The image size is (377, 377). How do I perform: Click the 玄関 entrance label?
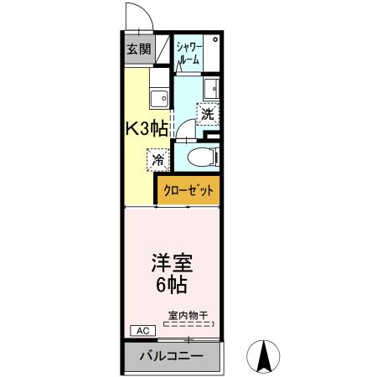[139, 49]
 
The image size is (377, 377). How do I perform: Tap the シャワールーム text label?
[188, 53]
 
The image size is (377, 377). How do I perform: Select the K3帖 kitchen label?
[147, 128]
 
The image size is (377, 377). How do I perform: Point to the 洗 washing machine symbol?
[207, 113]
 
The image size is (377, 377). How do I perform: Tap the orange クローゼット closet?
[189, 190]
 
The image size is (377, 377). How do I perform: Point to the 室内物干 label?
[189, 317]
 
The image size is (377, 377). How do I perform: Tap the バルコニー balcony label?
[171, 357]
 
